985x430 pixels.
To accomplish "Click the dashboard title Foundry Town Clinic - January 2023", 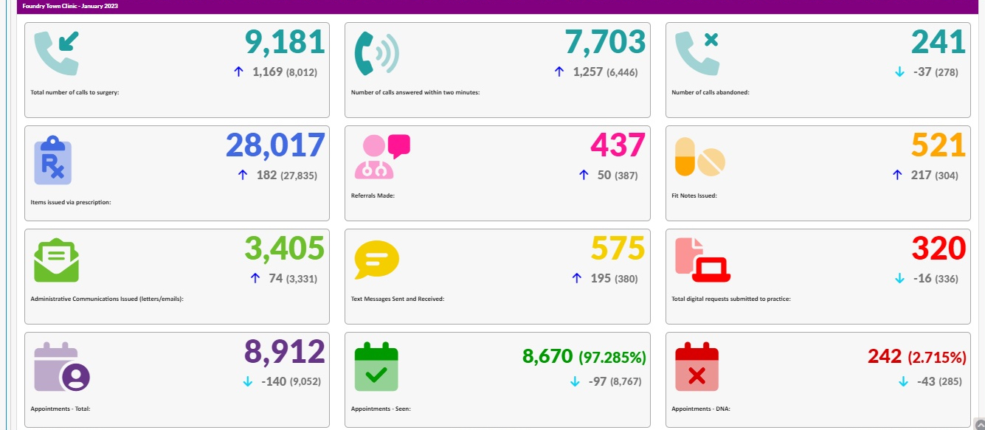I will click(70, 6).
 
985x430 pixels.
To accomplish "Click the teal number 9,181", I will click(285, 42).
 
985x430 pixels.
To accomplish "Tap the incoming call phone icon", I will click(56, 52).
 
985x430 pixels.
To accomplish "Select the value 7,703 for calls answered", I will click(605, 42).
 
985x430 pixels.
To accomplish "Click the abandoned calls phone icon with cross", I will click(697, 52).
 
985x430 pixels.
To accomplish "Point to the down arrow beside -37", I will click(899, 72).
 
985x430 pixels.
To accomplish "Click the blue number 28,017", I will click(275, 145).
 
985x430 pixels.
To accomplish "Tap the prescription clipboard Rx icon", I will click(53, 159).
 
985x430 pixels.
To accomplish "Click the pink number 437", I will click(618, 145).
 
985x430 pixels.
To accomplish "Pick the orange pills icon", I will click(700, 157).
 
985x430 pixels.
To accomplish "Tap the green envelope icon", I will click(56, 260).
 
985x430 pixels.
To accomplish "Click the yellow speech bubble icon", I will click(376, 260).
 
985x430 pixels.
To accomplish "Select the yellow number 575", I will click(618, 249).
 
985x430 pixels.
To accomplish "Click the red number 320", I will click(939, 249).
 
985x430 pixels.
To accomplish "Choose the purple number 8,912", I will click(285, 352).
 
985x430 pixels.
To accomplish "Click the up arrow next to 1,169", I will click(238, 72).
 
